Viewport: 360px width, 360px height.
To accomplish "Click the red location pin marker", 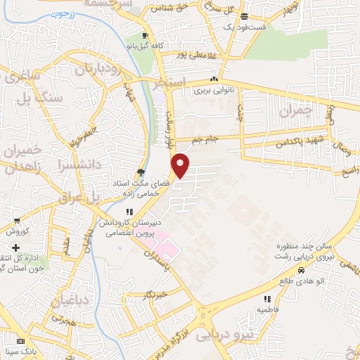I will pyautogui.click(x=181, y=165).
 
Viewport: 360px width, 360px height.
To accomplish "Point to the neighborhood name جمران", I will pyautogui.click(x=294, y=112).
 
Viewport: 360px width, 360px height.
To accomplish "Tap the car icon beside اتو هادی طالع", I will pyautogui.click(x=301, y=271).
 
